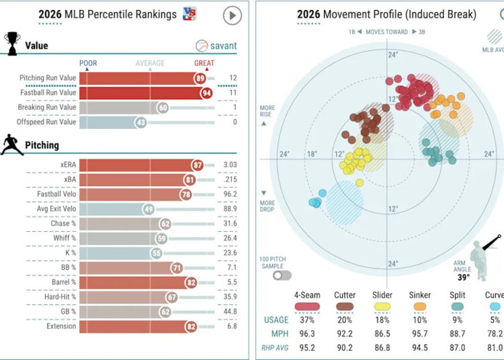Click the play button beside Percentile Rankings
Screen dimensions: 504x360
click(x=233, y=15)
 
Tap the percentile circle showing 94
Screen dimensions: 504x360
click(x=206, y=93)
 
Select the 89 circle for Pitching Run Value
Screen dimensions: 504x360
click(x=200, y=79)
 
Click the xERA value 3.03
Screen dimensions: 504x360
click(x=230, y=165)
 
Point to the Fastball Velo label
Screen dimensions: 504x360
click(x=56, y=194)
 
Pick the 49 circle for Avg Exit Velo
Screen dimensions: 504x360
click(x=149, y=210)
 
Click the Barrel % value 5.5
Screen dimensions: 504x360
click(x=232, y=282)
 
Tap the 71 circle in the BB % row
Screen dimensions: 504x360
click(x=177, y=268)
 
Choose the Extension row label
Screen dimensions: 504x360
click(x=61, y=326)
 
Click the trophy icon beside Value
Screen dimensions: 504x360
click(x=12, y=44)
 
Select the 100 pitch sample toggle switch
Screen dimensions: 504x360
click(x=282, y=275)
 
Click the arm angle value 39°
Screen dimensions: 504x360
click(x=464, y=277)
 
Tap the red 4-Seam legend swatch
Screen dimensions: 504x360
click(x=307, y=307)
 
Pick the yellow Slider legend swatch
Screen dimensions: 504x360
click(x=382, y=307)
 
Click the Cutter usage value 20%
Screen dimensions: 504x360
click(x=345, y=320)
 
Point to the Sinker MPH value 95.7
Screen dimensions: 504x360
click(x=420, y=334)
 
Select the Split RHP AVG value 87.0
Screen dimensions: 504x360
click(x=458, y=347)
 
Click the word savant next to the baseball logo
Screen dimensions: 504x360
click(x=223, y=46)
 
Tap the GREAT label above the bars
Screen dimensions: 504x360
click(x=204, y=63)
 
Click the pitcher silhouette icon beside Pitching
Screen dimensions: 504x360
click(x=12, y=145)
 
